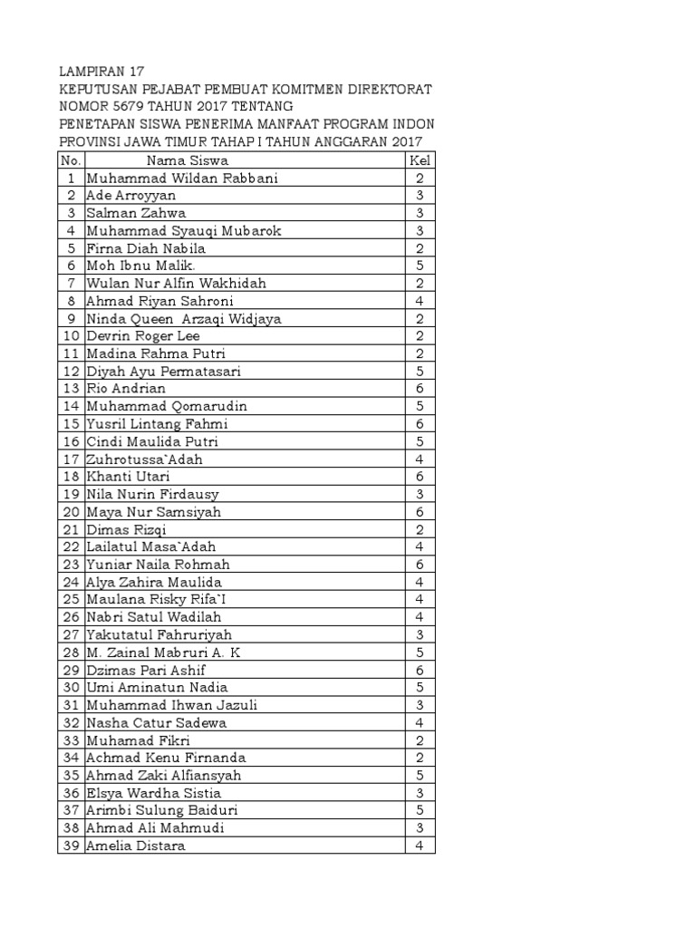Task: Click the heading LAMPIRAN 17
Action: point(101,72)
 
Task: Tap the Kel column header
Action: point(420,160)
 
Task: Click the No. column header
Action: point(70,160)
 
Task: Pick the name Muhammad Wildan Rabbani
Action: point(181,179)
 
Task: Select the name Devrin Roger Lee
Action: point(143,336)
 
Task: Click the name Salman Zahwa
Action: point(136,213)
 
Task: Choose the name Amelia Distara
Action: point(136,846)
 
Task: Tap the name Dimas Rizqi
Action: point(126,529)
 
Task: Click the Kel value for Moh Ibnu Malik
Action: point(420,266)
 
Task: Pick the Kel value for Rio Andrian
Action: point(420,389)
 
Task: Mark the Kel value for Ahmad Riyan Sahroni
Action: point(420,301)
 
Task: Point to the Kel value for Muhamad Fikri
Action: point(420,740)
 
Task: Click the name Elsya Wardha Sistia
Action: point(153,793)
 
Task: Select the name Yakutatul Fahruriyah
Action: point(159,635)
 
